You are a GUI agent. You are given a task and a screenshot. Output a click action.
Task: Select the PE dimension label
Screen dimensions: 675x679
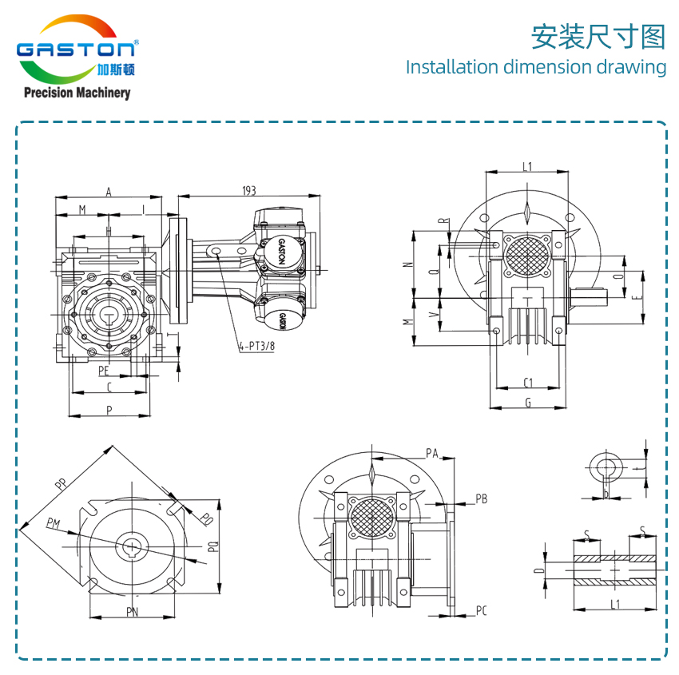pyautogui.click(x=104, y=371)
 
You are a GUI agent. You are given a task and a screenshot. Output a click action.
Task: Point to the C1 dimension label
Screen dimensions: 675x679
pyautogui.click(x=528, y=381)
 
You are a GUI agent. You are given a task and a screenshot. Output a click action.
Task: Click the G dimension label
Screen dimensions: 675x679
pyautogui.click(x=528, y=403)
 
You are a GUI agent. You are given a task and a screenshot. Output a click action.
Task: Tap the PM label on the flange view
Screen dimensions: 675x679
pyautogui.click(x=54, y=523)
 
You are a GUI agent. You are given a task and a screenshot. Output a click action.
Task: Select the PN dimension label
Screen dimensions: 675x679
pyautogui.click(x=132, y=612)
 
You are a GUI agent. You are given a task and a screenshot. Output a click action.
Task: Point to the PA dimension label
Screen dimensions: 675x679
pyautogui.click(x=432, y=453)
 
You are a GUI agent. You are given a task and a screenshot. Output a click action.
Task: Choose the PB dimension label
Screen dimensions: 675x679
pyautogui.click(x=481, y=499)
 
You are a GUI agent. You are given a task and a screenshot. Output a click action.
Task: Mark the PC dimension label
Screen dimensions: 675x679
pyautogui.click(x=481, y=611)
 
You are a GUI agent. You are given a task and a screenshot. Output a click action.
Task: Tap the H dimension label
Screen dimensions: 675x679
pyautogui.click(x=109, y=231)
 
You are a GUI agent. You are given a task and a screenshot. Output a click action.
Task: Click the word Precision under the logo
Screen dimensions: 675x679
pyautogui.click(x=49, y=93)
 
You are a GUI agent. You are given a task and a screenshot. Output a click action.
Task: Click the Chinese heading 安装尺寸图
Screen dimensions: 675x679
pyautogui.click(x=598, y=37)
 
